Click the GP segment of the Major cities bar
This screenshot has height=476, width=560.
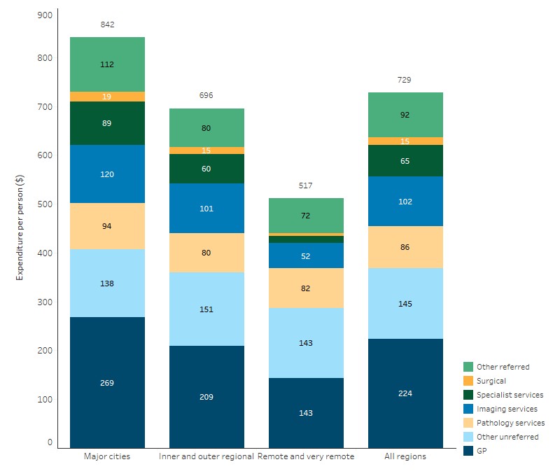tap(107, 382)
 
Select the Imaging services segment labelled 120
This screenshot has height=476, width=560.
tap(107, 174)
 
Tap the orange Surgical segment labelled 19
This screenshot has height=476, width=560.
tap(107, 97)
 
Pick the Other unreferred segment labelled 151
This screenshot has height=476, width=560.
tap(206, 309)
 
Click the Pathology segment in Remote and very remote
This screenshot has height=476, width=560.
tap(305, 288)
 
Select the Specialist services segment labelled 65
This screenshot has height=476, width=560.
tap(405, 161)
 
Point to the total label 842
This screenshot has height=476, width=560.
tap(107, 24)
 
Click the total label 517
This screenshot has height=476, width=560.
tap(305, 185)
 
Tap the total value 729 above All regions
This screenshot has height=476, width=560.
tap(405, 80)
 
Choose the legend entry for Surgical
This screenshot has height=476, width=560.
tap(491, 381)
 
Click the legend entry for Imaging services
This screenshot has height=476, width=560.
tap(506, 409)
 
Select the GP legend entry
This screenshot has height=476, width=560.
tap(482, 451)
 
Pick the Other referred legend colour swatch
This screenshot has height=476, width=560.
tap(468, 367)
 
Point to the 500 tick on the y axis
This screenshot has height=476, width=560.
tap(45, 204)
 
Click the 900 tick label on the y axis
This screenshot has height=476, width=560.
tap(45, 15)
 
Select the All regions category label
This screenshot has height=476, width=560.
tap(405, 456)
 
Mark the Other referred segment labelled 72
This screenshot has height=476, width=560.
tap(305, 216)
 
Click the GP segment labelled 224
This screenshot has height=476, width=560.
tap(405, 393)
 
